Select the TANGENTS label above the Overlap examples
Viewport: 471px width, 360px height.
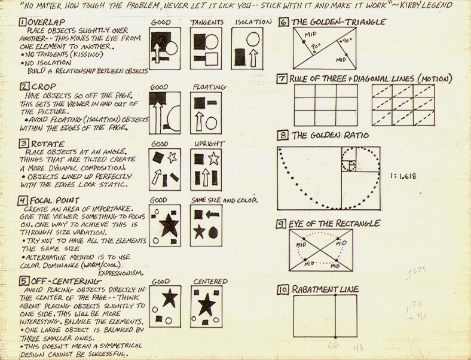tap(206, 22)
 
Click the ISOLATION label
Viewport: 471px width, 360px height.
tap(249, 22)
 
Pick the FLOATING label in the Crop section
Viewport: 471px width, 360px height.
tap(206, 86)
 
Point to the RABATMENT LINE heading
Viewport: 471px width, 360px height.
tap(326, 290)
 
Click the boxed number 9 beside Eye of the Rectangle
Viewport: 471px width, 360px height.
tap(284, 224)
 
